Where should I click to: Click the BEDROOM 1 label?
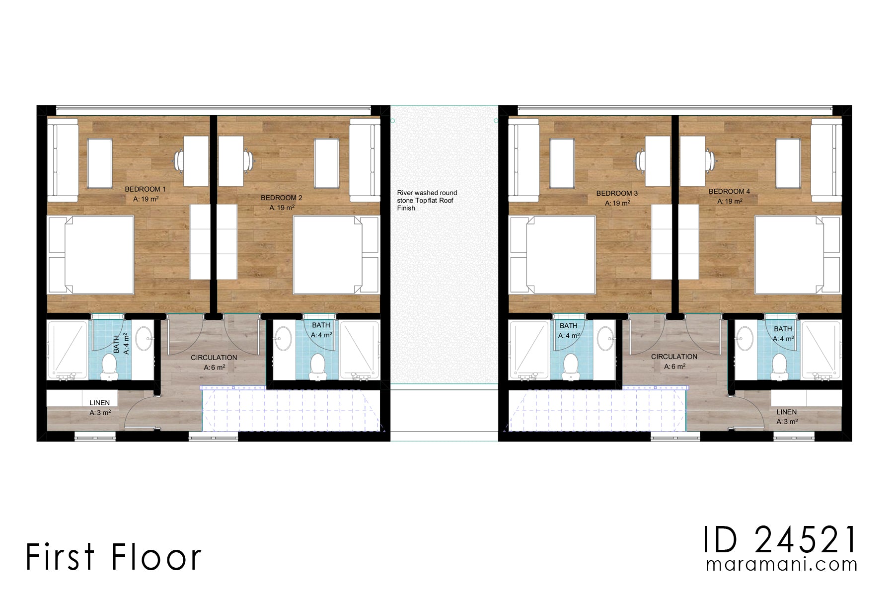pyautogui.click(x=145, y=189)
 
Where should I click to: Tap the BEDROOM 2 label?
pyautogui.click(x=281, y=198)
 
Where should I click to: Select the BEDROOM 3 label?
pyautogui.click(x=617, y=193)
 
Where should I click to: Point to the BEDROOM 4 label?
pyautogui.click(x=729, y=191)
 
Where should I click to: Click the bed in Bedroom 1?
pyautogui.click(x=91, y=255)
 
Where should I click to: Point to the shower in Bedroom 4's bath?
pyautogui.click(x=821, y=351)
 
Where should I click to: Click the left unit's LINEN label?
pyautogui.click(x=99, y=403)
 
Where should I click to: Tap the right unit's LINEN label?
pyautogui.click(x=786, y=412)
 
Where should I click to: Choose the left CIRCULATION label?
pyautogui.click(x=214, y=358)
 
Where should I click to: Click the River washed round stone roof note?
pyautogui.click(x=427, y=200)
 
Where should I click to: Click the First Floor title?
pyautogui.click(x=113, y=557)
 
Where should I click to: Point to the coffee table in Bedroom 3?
pyautogui.click(x=563, y=163)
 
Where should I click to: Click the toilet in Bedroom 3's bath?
pyautogui.click(x=571, y=367)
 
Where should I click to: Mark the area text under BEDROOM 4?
pyautogui.click(x=730, y=201)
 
